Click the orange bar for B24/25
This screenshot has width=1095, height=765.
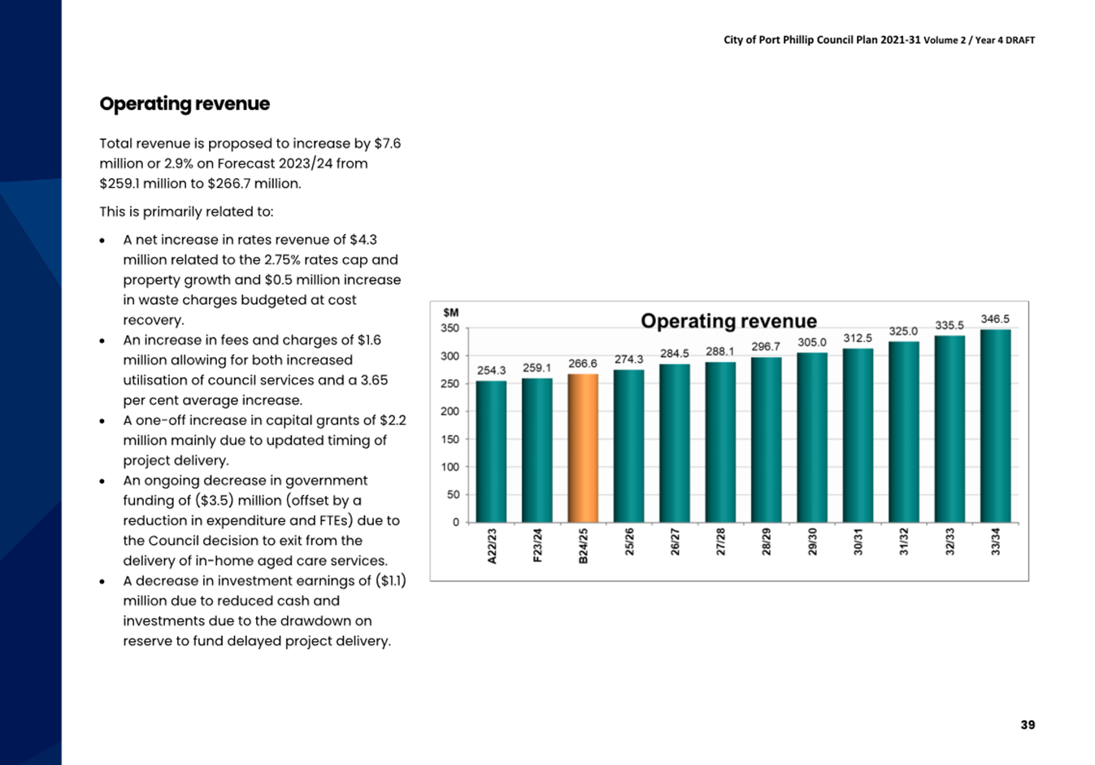583,448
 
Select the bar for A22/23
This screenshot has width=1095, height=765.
491,452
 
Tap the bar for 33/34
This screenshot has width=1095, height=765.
995,426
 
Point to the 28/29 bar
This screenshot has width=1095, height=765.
766,440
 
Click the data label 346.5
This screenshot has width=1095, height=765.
995,319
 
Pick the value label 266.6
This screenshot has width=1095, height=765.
583,363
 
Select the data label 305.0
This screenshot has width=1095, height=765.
812,342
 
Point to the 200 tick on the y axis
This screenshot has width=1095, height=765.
450,411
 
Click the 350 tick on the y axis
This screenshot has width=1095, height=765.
450,328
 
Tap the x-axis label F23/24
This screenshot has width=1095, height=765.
537,545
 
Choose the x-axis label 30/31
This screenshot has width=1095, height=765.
858,541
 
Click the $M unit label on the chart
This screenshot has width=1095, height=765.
450,313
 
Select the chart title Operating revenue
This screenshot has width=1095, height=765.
728,321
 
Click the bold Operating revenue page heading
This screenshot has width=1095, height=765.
185,103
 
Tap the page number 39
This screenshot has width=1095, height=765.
1028,725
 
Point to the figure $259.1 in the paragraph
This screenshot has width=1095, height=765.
119,184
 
